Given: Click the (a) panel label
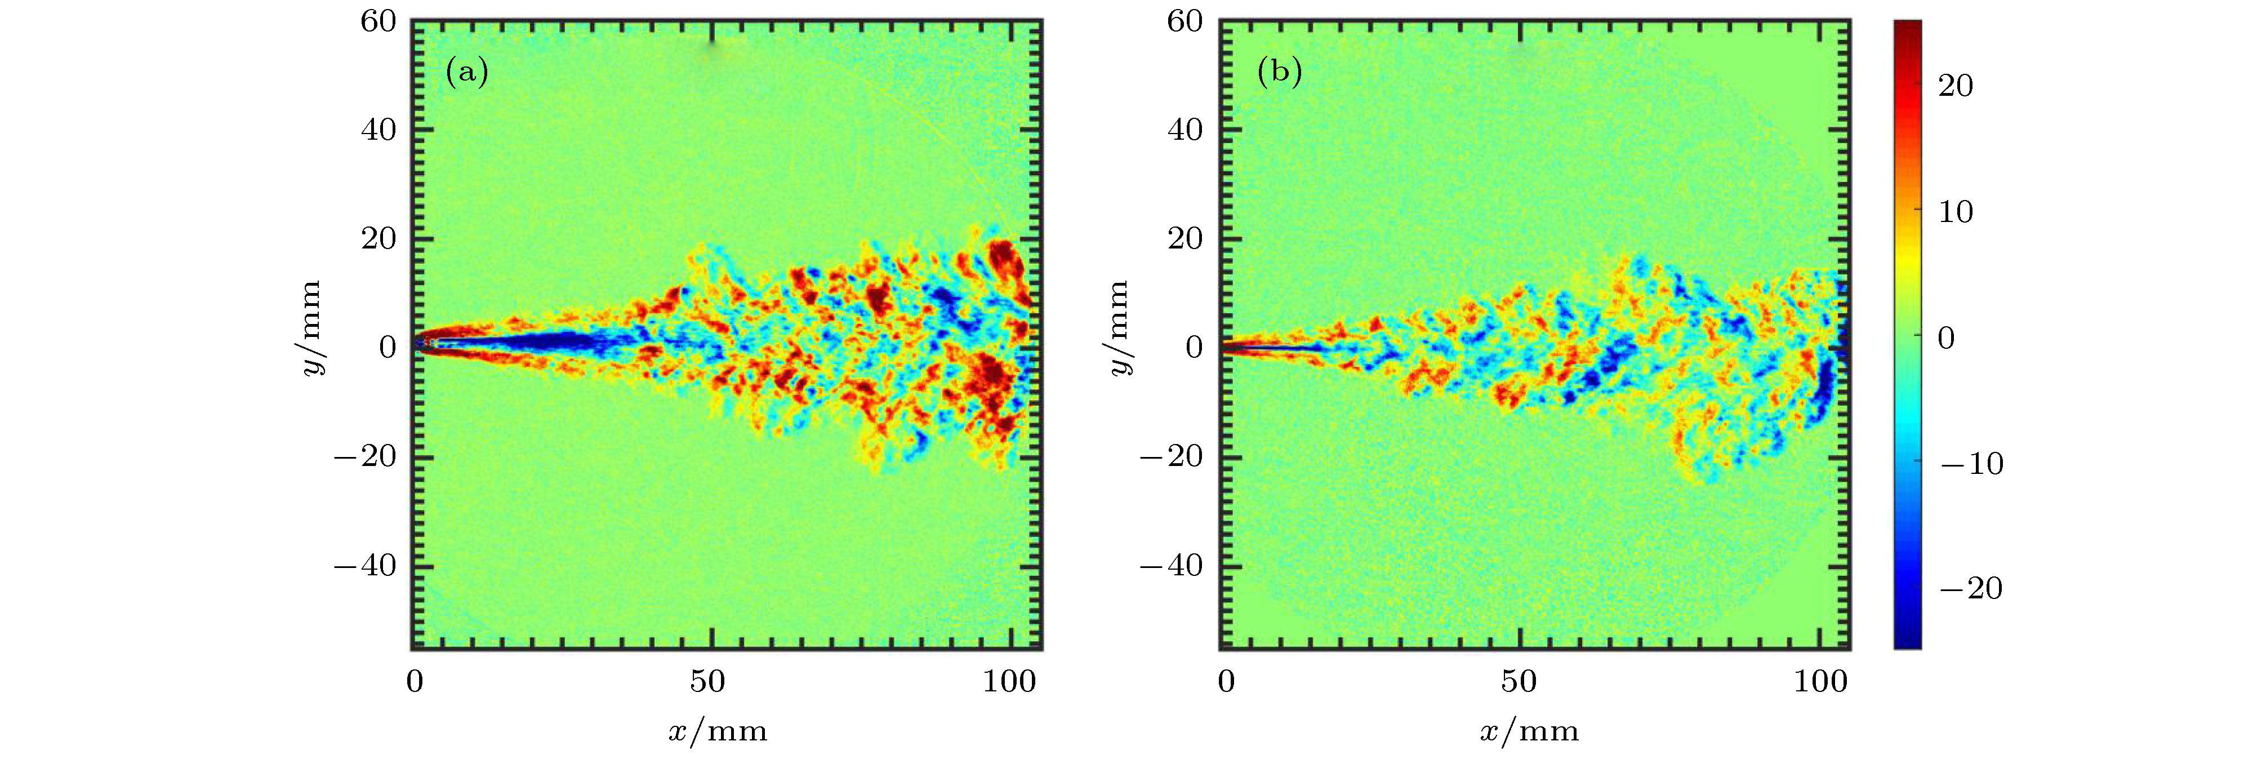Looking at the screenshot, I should (466, 71).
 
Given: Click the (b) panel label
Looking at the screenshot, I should (1279, 71).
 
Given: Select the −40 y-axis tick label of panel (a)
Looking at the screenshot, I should (366, 566).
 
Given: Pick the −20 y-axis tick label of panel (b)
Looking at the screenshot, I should (1172, 457).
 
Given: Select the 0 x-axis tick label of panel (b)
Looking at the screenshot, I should (1227, 682).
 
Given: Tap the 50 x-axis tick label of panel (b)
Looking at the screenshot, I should (1519, 682).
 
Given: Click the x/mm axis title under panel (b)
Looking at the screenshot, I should (1529, 731).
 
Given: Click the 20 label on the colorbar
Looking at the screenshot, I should (1956, 86).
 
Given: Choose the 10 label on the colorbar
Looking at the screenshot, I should (1956, 212).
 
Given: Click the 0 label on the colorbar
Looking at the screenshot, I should (1946, 338).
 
